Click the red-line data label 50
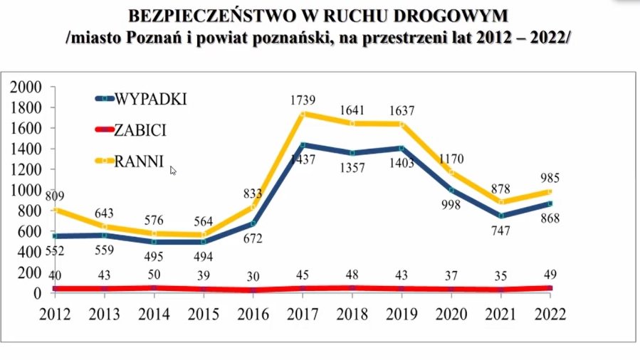click(x=154, y=275)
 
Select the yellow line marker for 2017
click(x=303, y=114)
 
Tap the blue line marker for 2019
click(x=404, y=148)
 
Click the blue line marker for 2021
click(x=503, y=216)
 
